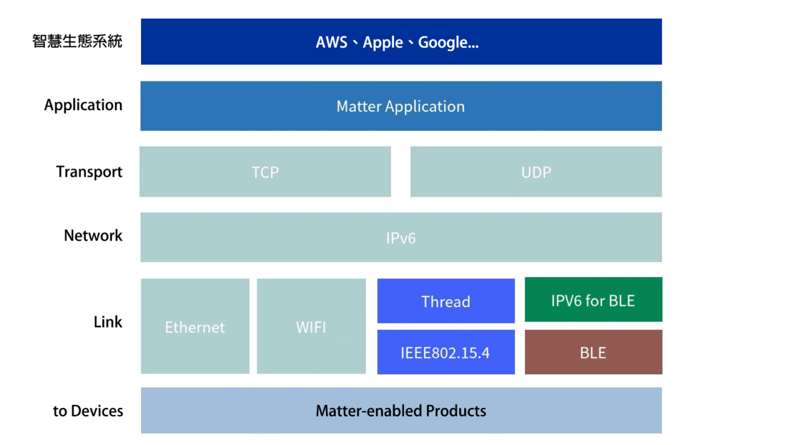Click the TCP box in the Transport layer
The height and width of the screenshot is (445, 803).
click(x=265, y=172)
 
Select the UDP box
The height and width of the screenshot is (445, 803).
click(x=536, y=172)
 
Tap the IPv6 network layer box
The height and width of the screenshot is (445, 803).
click(x=401, y=238)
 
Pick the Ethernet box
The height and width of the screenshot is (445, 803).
click(x=195, y=327)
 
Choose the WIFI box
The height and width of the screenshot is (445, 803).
click(x=311, y=327)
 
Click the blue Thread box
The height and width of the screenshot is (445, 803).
click(x=445, y=301)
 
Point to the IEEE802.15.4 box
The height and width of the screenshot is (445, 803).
click(x=445, y=352)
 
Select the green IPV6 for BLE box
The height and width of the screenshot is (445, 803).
click(x=593, y=300)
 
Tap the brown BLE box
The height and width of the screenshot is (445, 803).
click(x=593, y=352)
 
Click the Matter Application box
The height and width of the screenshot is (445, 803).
click(x=401, y=106)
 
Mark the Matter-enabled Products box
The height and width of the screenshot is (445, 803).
click(x=401, y=411)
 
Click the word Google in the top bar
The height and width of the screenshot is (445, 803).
click(x=443, y=43)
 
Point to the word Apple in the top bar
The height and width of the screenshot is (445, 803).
click(x=383, y=43)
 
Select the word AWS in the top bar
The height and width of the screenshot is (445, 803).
click(x=332, y=43)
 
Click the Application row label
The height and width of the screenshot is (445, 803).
click(x=83, y=105)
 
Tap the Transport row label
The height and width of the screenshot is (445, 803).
click(x=89, y=172)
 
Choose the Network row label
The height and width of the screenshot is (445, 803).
click(x=93, y=236)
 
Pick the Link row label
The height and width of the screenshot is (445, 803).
click(x=108, y=322)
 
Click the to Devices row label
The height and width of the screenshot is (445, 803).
click(x=88, y=411)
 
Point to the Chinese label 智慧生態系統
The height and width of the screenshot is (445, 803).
click(x=77, y=41)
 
